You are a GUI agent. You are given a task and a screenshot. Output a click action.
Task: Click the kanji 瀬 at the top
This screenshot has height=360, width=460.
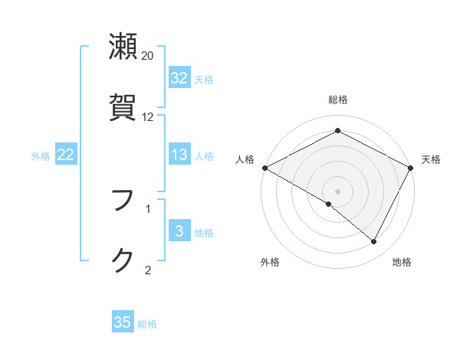123,47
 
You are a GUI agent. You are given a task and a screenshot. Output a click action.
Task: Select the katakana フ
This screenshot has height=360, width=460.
123,200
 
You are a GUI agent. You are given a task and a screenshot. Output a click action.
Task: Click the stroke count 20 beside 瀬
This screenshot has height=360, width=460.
148,56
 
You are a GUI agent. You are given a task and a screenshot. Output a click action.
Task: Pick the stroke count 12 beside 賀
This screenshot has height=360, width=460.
148,117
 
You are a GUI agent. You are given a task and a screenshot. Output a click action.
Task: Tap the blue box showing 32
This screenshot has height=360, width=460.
179,78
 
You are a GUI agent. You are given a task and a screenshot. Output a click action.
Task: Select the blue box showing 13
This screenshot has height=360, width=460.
179,155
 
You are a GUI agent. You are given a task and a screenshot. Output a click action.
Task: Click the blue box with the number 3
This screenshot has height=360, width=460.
179,232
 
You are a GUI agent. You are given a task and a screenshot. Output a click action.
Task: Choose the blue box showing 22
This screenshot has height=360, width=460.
66,155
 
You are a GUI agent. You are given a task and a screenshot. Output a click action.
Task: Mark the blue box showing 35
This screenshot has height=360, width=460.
123,322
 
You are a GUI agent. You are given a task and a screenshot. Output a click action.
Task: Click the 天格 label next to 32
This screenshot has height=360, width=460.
204,79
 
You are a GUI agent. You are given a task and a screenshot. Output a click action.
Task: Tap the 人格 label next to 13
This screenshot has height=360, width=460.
204,156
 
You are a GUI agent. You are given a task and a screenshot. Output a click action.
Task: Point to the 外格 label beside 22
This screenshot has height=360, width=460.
41,156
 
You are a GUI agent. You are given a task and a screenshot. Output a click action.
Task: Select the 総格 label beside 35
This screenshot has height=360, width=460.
147,323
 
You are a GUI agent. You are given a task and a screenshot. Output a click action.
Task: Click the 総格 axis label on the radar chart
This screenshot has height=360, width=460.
338,100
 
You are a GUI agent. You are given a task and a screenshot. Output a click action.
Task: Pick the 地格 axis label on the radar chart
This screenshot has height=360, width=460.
402,263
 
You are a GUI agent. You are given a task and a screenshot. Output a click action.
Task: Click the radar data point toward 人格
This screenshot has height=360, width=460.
264,168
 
